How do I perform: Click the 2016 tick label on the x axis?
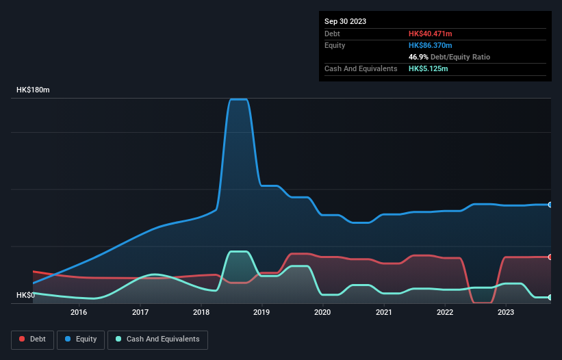pos(79,313)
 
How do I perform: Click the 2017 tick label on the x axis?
pos(140,313)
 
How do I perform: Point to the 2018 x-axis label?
pos(201,313)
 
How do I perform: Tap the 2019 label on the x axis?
pos(261,313)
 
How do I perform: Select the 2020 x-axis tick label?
pos(322,313)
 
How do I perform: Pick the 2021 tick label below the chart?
pos(383,313)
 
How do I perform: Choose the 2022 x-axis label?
pos(444,313)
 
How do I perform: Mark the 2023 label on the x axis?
pos(505,313)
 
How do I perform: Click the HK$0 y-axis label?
pos(25,295)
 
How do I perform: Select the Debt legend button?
pos(31,339)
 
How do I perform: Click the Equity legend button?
pos(81,339)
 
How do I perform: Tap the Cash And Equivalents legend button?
pos(157,339)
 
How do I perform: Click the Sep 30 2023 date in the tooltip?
pos(345,21)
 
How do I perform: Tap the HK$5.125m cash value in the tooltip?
pos(429,68)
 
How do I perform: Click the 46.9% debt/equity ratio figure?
pos(419,57)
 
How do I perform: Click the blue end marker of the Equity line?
pos(550,205)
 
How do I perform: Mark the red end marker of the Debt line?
pos(550,257)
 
